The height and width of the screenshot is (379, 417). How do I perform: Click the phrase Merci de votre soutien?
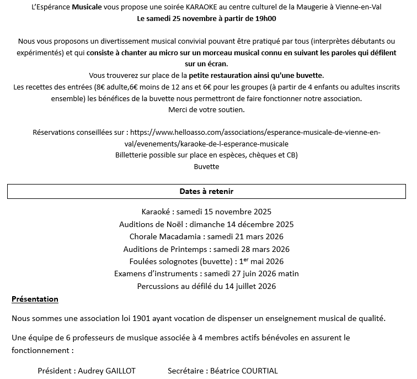pos(206,109)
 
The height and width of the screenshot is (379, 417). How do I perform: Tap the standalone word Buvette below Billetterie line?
pos(206,166)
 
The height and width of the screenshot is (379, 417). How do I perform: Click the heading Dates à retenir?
pos(206,191)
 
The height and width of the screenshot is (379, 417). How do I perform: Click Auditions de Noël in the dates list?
pos(152,224)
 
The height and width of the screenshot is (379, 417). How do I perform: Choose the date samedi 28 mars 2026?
pos(252,249)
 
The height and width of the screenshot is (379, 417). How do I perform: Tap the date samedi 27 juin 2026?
pos(241,273)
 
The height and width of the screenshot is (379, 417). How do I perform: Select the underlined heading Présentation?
pos(35,299)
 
